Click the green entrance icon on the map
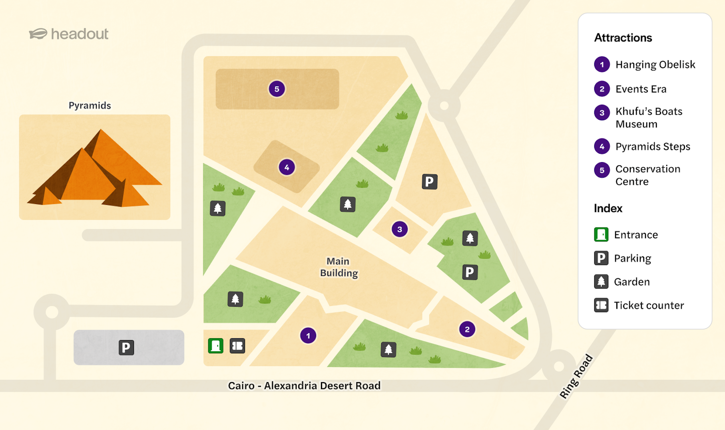(x=216, y=346)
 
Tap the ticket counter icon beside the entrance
(x=237, y=346)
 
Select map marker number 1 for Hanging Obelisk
(x=308, y=336)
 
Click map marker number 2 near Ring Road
(x=467, y=329)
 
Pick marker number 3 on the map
(x=399, y=229)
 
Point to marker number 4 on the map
(x=287, y=167)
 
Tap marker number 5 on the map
(x=277, y=89)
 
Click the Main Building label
(x=339, y=267)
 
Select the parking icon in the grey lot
(x=126, y=347)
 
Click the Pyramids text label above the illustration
(x=90, y=105)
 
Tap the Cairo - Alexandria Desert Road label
(x=304, y=386)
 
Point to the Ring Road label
(x=576, y=376)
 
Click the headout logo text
(x=80, y=34)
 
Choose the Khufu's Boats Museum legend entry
(x=648, y=117)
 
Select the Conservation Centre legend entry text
(x=647, y=175)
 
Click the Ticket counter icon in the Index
(x=601, y=305)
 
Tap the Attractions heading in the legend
(x=623, y=38)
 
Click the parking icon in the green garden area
(x=470, y=272)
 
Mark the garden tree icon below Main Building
(x=388, y=349)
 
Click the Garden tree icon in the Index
(x=601, y=281)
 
